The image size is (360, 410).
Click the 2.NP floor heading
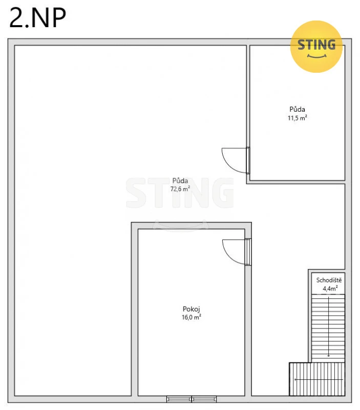tap(37, 17)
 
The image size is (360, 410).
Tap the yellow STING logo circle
tap(316, 47)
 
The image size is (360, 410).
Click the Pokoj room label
tap(192, 309)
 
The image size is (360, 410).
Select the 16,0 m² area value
tap(192, 317)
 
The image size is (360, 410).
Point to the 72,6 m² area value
tap(180, 189)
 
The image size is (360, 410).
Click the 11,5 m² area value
tap(298, 118)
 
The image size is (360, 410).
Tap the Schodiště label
tap(329, 280)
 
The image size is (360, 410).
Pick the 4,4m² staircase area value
tap(330, 289)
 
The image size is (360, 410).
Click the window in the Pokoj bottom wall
tap(192, 399)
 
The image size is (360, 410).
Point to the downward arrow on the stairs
tap(328, 325)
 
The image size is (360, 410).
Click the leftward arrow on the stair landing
tap(319, 379)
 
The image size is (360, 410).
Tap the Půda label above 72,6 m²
tap(180, 180)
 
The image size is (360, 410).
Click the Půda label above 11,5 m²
tap(298, 109)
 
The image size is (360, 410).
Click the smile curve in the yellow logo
tap(316, 56)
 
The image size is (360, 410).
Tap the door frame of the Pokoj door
tap(248, 252)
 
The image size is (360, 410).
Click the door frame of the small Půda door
tap(248, 160)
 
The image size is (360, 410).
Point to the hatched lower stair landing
tap(317, 379)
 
